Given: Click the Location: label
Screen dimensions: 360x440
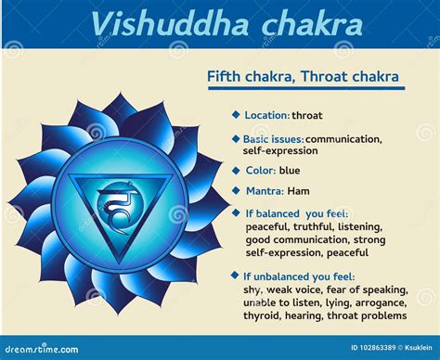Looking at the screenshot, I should pyautogui.click(x=266, y=115).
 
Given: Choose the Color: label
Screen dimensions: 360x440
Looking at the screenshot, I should pyautogui.click(x=260, y=171).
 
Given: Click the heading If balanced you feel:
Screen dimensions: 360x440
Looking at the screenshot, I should pyautogui.click(x=296, y=212).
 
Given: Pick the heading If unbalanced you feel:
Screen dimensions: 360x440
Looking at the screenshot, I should pyautogui.click(x=302, y=276).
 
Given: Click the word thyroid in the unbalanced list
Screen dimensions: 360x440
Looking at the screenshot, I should pyautogui.click(x=265, y=315).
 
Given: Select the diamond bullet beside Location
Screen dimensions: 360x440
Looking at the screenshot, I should pyautogui.click(x=236, y=115).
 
